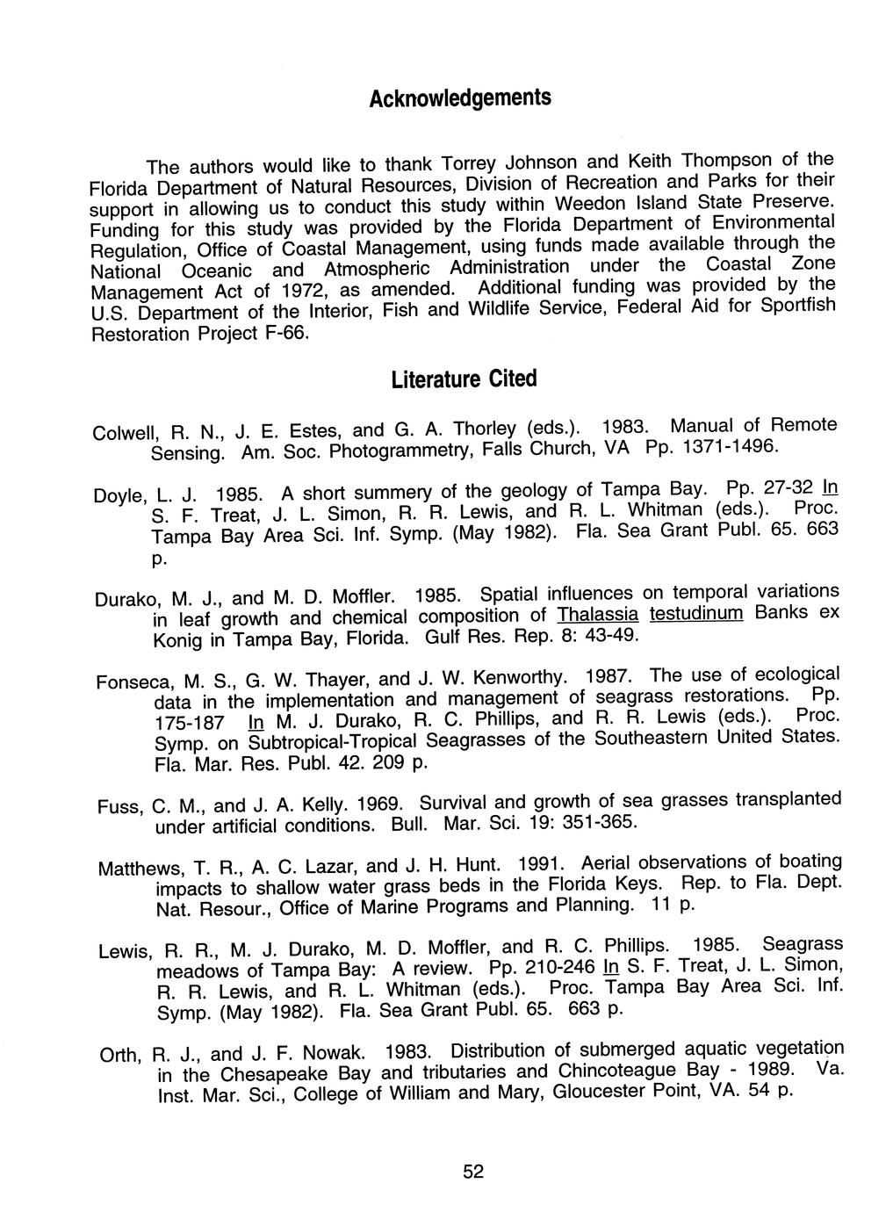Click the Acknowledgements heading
click(460, 97)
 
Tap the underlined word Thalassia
click(598, 613)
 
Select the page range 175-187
click(188, 722)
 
